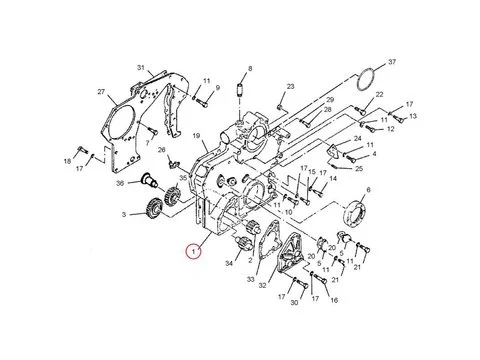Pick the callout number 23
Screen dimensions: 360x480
pyautogui.click(x=290, y=87)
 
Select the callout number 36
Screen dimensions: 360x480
pyautogui.click(x=119, y=183)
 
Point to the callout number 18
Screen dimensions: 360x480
pyautogui.click(x=68, y=160)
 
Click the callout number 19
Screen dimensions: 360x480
pyautogui.click(x=198, y=136)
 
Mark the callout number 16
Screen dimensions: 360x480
pyautogui.click(x=333, y=299)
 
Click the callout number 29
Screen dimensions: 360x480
pyautogui.click(x=329, y=101)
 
